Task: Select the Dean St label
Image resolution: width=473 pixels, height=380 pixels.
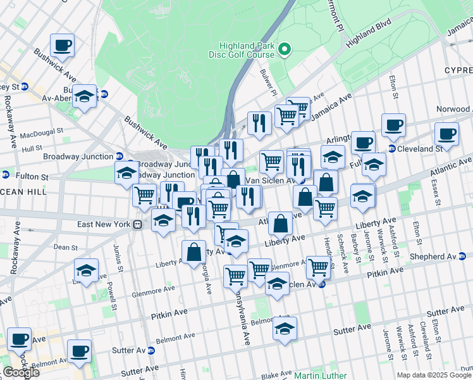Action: (65, 247)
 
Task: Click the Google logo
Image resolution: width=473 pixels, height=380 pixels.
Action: (21, 372)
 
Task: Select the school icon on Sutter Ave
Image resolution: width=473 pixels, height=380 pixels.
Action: (285, 329)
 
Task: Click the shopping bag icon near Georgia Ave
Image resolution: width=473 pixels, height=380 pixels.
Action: (193, 251)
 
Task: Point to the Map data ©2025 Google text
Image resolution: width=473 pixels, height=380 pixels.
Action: (434, 375)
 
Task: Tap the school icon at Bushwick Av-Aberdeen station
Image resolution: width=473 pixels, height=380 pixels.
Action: (84, 96)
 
